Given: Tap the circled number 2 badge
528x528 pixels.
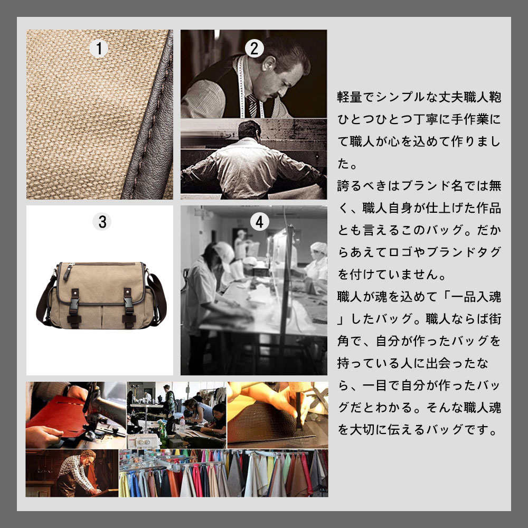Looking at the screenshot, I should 254,49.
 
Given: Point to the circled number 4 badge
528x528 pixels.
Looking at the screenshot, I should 259,222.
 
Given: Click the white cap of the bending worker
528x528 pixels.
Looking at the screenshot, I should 225,251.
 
